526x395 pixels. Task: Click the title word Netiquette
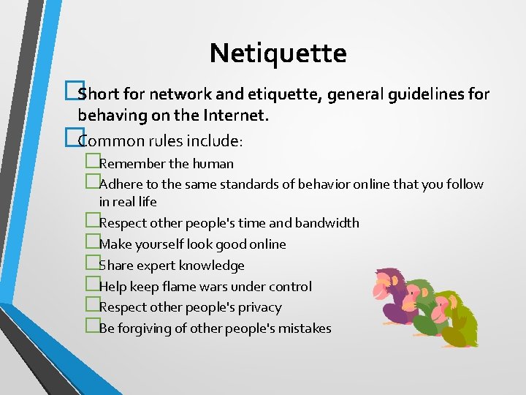(278, 53)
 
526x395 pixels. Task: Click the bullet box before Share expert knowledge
(91, 265)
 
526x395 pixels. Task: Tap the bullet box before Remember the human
(91, 162)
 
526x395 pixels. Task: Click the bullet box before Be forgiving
(91, 328)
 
